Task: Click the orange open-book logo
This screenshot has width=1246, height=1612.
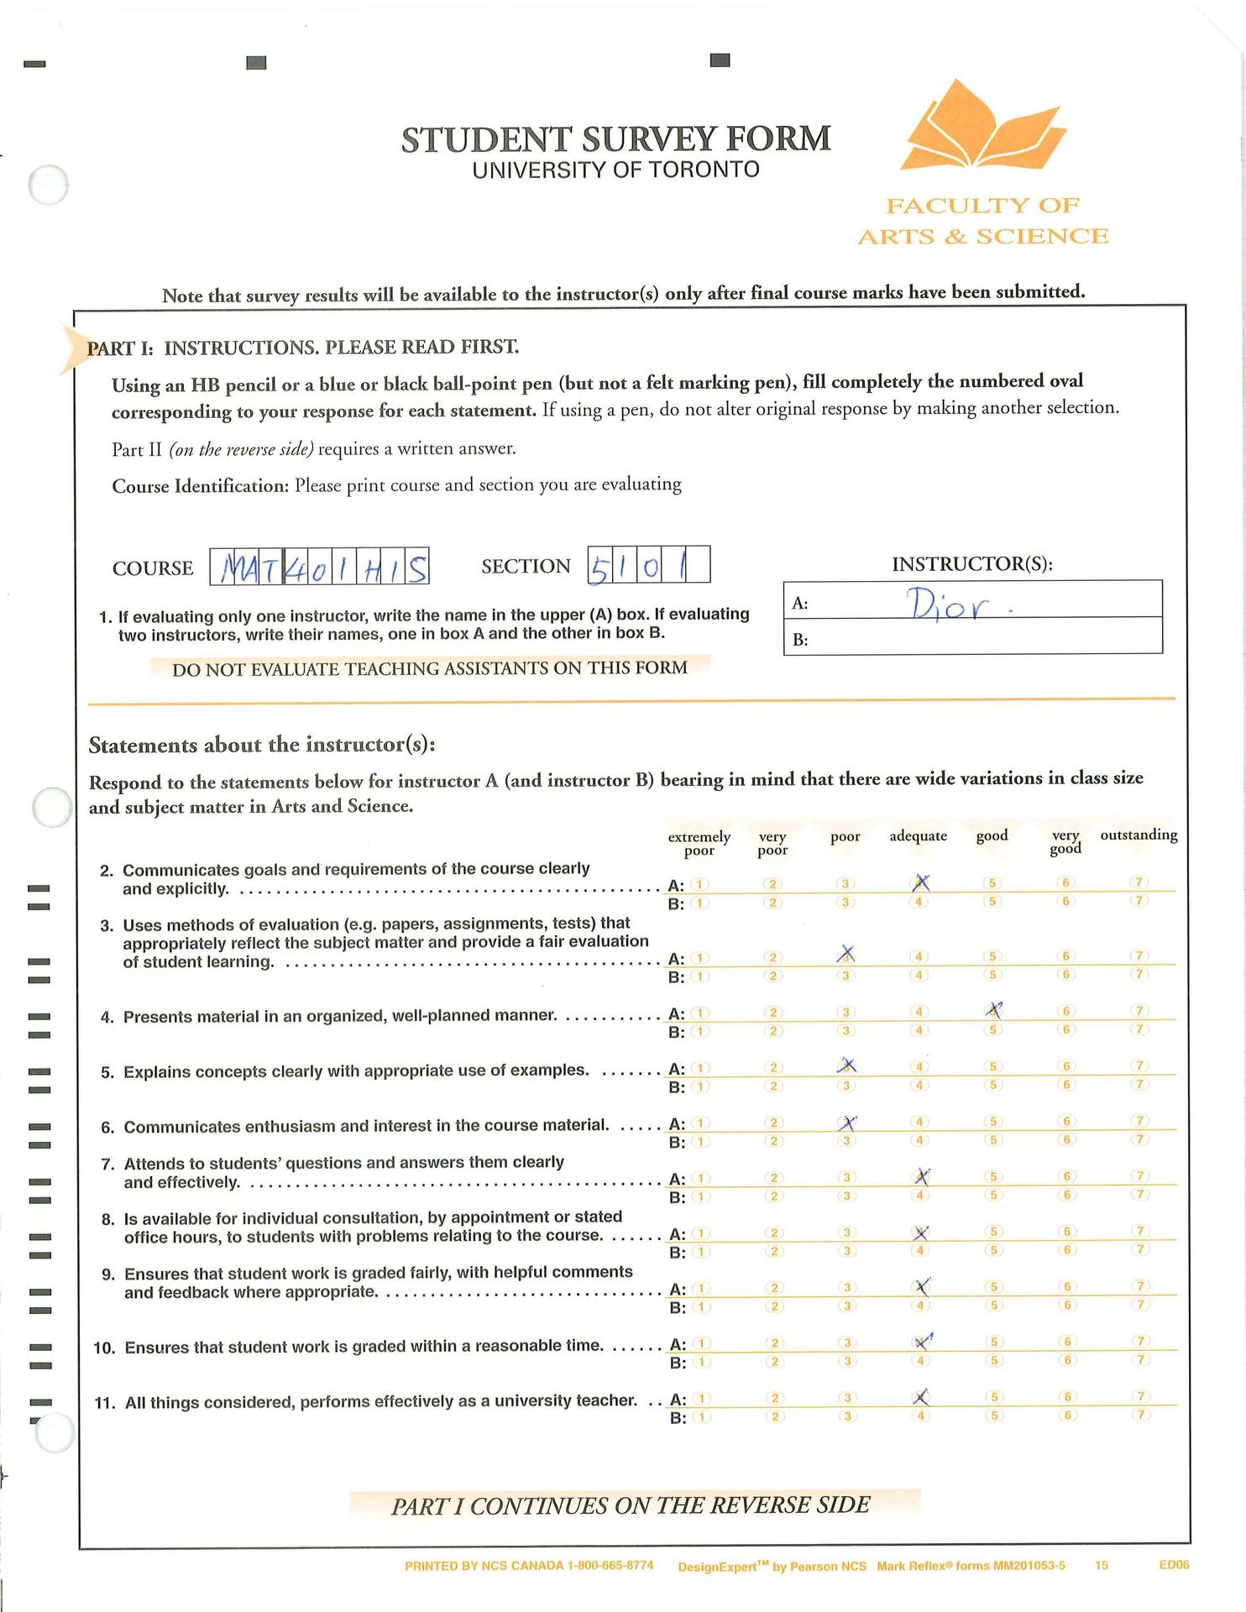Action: (x=982, y=126)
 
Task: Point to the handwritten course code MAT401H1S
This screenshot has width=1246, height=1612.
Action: (x=320, y=568)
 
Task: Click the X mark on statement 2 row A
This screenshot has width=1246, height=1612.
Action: (x=921, y=882)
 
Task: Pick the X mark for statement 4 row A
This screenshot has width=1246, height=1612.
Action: (x=994, y=1010)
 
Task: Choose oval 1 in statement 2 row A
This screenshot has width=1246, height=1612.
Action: (x=700, y=884)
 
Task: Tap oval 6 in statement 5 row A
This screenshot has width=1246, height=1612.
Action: (x=1065, y=1066)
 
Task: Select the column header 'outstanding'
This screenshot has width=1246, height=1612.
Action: (x=1139, y=835)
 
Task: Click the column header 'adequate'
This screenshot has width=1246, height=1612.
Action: (x=918, y=836)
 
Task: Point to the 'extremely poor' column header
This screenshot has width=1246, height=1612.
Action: (x=699, y=844)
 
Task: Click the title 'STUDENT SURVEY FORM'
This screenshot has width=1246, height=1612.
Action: (x=615, y=139)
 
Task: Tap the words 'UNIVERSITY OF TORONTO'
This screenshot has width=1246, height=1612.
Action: (x=615, y=170)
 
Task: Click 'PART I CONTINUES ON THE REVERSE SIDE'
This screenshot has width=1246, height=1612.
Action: (x=630, y=1505)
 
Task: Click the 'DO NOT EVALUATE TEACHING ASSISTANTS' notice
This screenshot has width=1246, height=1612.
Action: (x=429, y=668)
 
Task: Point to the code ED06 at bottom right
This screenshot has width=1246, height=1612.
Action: (x=1174, y=1565)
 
